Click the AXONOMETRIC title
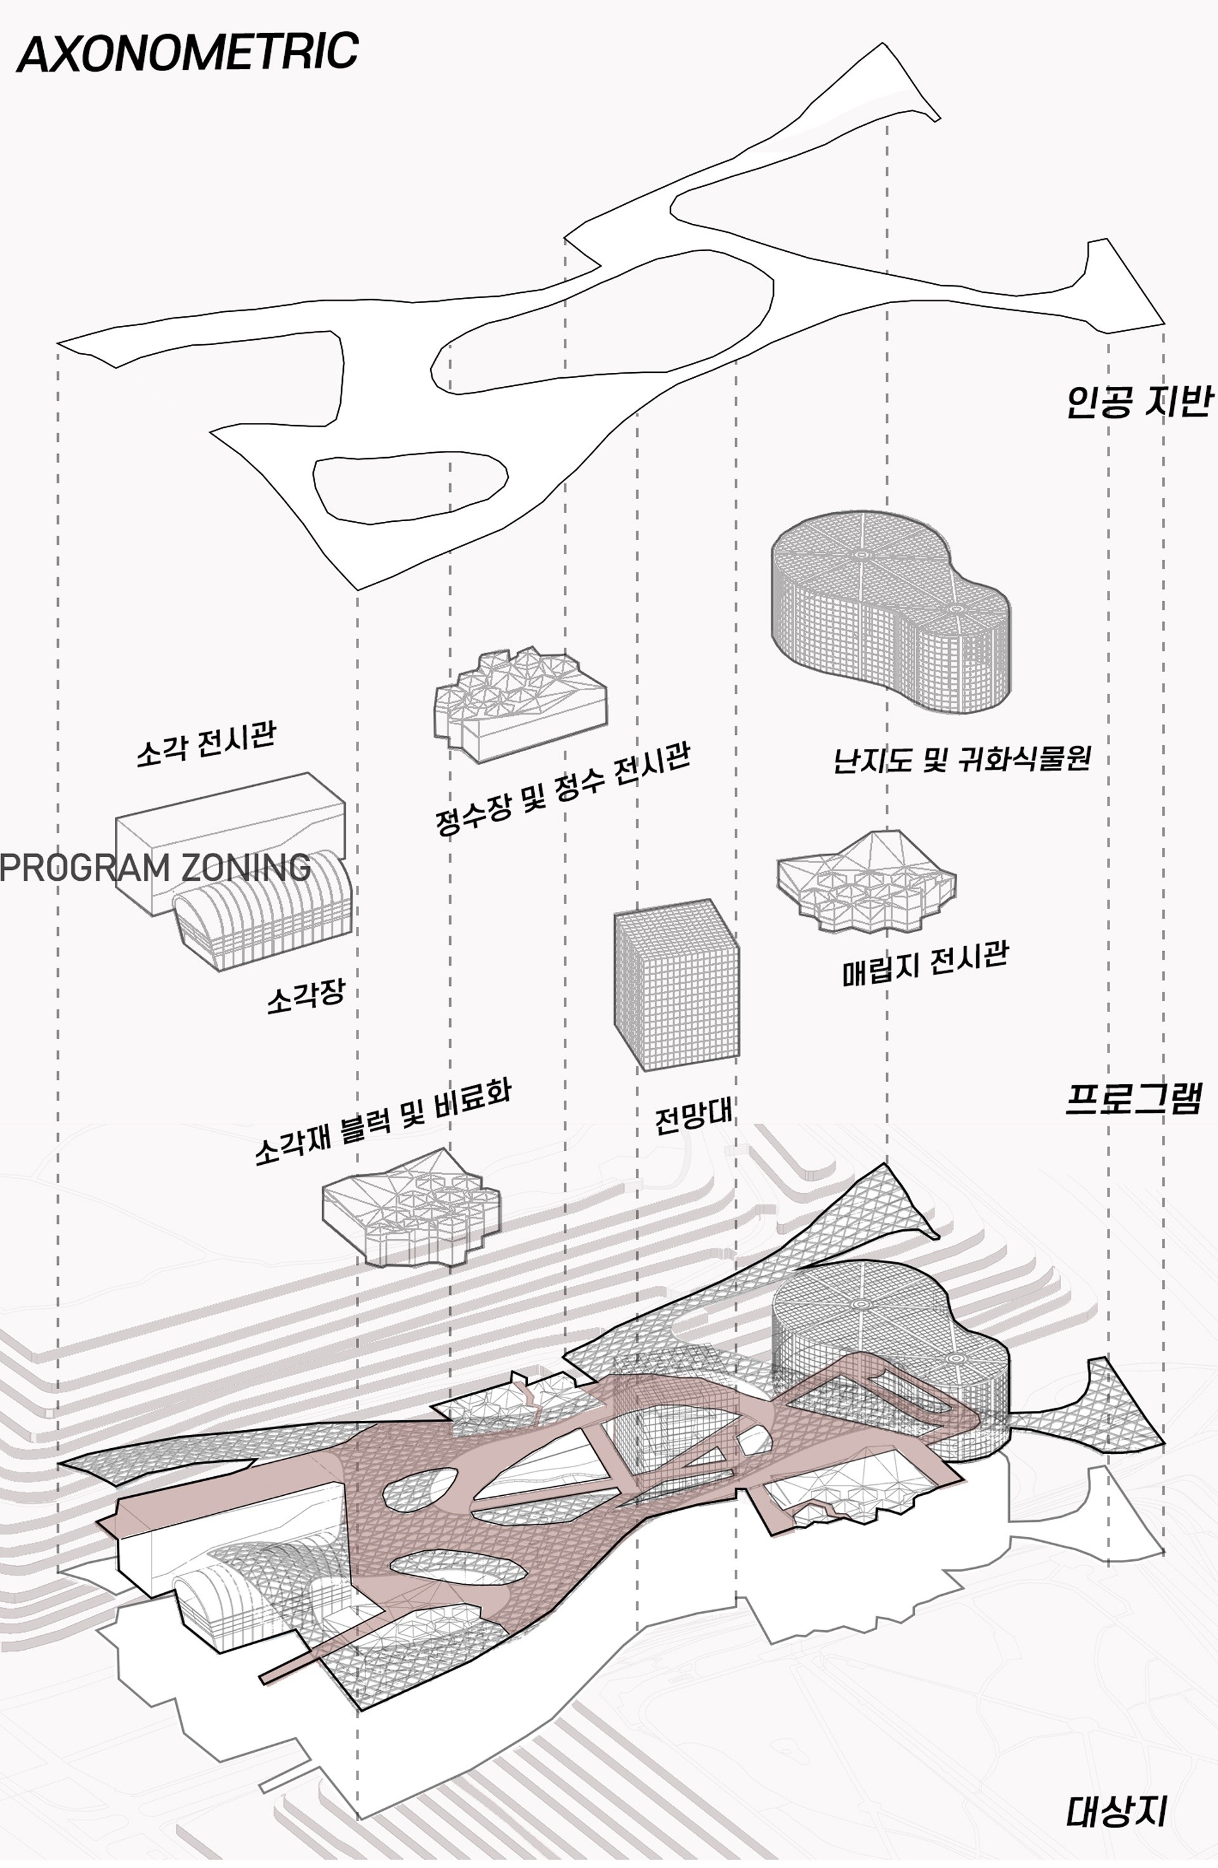187,53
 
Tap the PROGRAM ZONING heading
155,867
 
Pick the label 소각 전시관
206,743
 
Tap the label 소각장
306,996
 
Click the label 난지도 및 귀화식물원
961,759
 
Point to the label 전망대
693,1115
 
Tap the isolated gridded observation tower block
676,984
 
